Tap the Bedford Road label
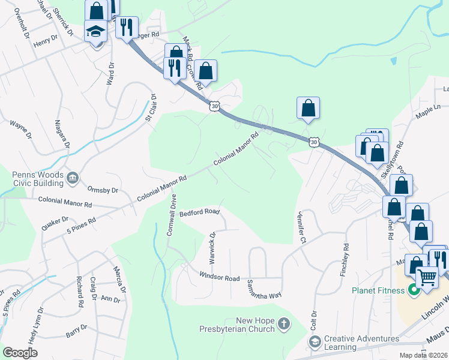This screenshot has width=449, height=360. [200, 212]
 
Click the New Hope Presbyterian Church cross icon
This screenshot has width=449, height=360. [283, 325]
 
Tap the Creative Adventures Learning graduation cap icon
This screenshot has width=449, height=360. [315, 341]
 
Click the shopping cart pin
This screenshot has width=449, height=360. [427, 277]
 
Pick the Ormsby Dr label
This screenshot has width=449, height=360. [103, 190]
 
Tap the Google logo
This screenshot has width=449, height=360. [20, 353]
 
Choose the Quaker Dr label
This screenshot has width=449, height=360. [52, 223]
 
